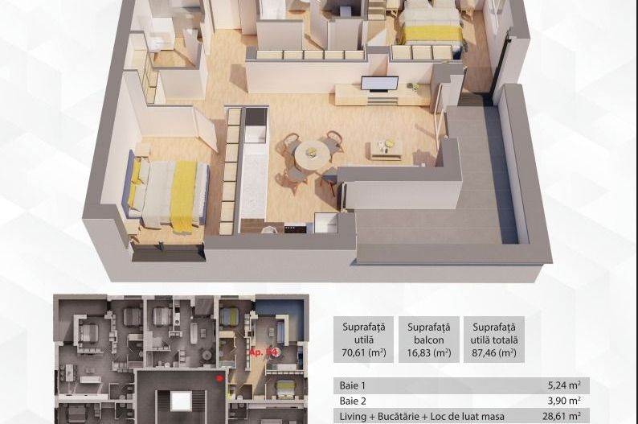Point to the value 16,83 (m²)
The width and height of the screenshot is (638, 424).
click(x=428, y=352)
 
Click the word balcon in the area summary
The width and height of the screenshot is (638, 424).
click(x=428, y=340)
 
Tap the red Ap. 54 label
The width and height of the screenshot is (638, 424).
click(x=264, y=352)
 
